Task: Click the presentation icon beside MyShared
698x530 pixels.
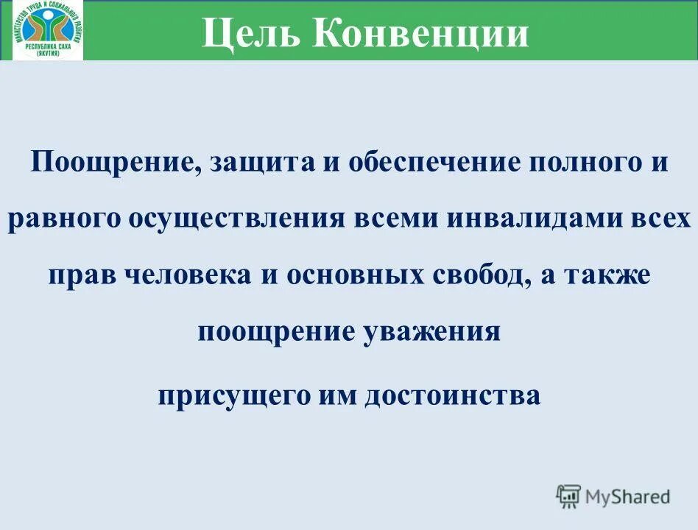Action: click(568, 496)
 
